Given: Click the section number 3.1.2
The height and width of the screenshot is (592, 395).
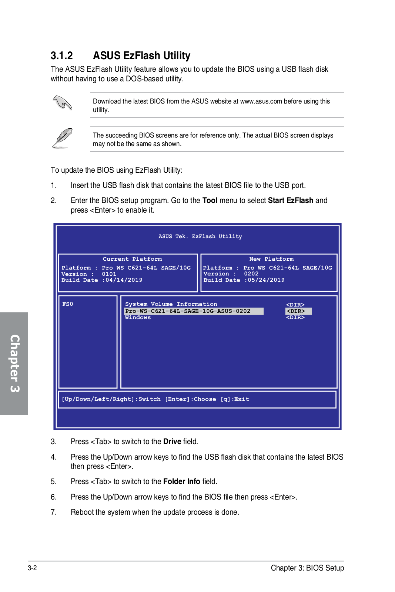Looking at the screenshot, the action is [61, 56].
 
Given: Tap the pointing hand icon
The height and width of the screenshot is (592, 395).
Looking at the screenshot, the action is [63, 102].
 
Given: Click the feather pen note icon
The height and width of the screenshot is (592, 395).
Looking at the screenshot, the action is [62, 138].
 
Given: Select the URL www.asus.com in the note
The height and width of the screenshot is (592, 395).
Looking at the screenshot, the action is [261, 101].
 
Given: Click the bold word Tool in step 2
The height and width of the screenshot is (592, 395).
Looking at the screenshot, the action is [210, 200].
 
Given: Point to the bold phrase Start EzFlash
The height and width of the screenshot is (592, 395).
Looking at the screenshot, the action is [291, 200].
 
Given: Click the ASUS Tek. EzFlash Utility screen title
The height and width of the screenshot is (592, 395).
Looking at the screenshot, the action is [200, 236].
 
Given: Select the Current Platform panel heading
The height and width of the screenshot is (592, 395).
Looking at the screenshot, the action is [132, 259].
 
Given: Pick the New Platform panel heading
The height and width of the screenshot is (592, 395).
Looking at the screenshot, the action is [271, 259].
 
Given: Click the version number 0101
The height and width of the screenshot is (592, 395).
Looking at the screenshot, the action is [109, 274].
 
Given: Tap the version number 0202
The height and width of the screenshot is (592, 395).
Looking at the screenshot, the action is [251, 274].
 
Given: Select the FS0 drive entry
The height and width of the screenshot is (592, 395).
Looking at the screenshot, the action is [68, 304].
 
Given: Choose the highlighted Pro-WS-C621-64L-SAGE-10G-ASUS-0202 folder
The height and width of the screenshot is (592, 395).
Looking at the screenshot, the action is [188, 311].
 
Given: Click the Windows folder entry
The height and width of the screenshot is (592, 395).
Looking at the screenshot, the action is [138, 317].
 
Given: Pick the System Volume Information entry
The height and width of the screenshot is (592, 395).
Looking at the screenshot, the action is [171, 304].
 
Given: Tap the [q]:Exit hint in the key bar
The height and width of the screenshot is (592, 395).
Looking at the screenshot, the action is [235, 399].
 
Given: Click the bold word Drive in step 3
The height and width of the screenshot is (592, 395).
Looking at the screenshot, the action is [172, 442].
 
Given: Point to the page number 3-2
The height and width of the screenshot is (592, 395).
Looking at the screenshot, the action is [32, 568].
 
